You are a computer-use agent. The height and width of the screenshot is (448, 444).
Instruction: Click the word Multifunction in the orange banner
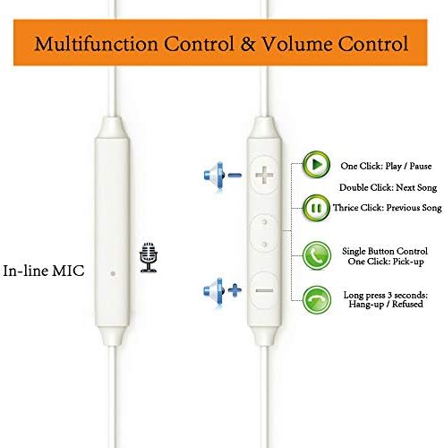pos(96,44)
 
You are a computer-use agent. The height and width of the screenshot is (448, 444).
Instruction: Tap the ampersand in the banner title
pos(248,44)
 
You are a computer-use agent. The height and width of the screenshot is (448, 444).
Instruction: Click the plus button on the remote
pos(264,175)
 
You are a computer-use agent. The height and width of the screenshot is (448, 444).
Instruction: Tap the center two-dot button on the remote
pos(264,234)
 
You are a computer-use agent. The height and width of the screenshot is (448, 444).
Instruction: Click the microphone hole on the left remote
pos(113,273)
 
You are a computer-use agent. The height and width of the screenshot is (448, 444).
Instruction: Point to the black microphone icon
pos(149,257)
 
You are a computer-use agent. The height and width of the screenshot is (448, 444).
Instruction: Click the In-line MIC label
pos(44,271)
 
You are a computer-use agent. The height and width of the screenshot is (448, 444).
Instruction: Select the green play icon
pos(316,165)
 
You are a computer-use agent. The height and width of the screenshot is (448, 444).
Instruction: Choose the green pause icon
pos(316,208)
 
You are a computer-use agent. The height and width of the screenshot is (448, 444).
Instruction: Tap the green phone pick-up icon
pos(317,256)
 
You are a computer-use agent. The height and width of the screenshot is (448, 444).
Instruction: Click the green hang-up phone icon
pos(317,300)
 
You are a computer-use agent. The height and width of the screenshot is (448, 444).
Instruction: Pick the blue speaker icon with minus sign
pos(223,176)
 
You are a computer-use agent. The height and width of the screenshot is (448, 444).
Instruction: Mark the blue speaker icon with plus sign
pos(223,290)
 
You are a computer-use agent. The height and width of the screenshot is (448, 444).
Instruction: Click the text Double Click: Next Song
pos(388,187)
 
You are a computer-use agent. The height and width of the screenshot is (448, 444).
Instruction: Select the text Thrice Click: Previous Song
pos(388,208)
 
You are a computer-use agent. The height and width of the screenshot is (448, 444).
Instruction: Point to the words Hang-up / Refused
pos(386,305)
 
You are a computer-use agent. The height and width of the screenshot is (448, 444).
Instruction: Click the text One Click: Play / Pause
pos(386,166)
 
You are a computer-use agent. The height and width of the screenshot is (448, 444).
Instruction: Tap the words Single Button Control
pos(385,251)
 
